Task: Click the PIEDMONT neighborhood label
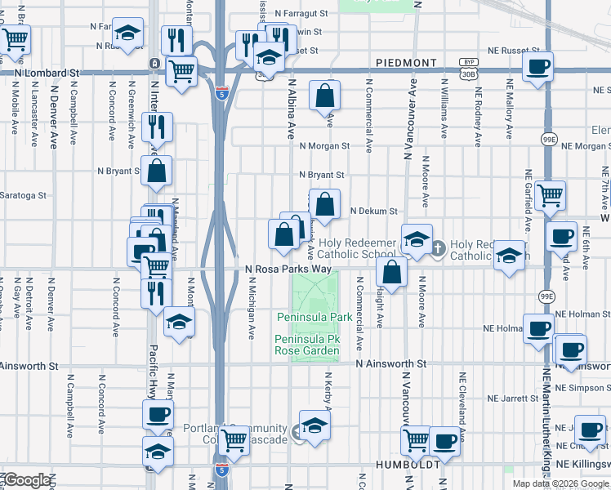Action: (407, 62)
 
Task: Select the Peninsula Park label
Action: (314, 316)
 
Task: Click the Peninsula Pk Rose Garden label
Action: (307, 345)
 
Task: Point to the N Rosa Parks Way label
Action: (288, 268)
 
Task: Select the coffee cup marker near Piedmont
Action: (537, 67)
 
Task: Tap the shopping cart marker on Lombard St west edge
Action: (15, 38)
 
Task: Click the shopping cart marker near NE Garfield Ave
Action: (551, 195)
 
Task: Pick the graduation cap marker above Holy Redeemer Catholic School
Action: (417, 239)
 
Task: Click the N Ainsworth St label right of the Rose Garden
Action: (390, 363)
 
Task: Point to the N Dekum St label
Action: (372, 211)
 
